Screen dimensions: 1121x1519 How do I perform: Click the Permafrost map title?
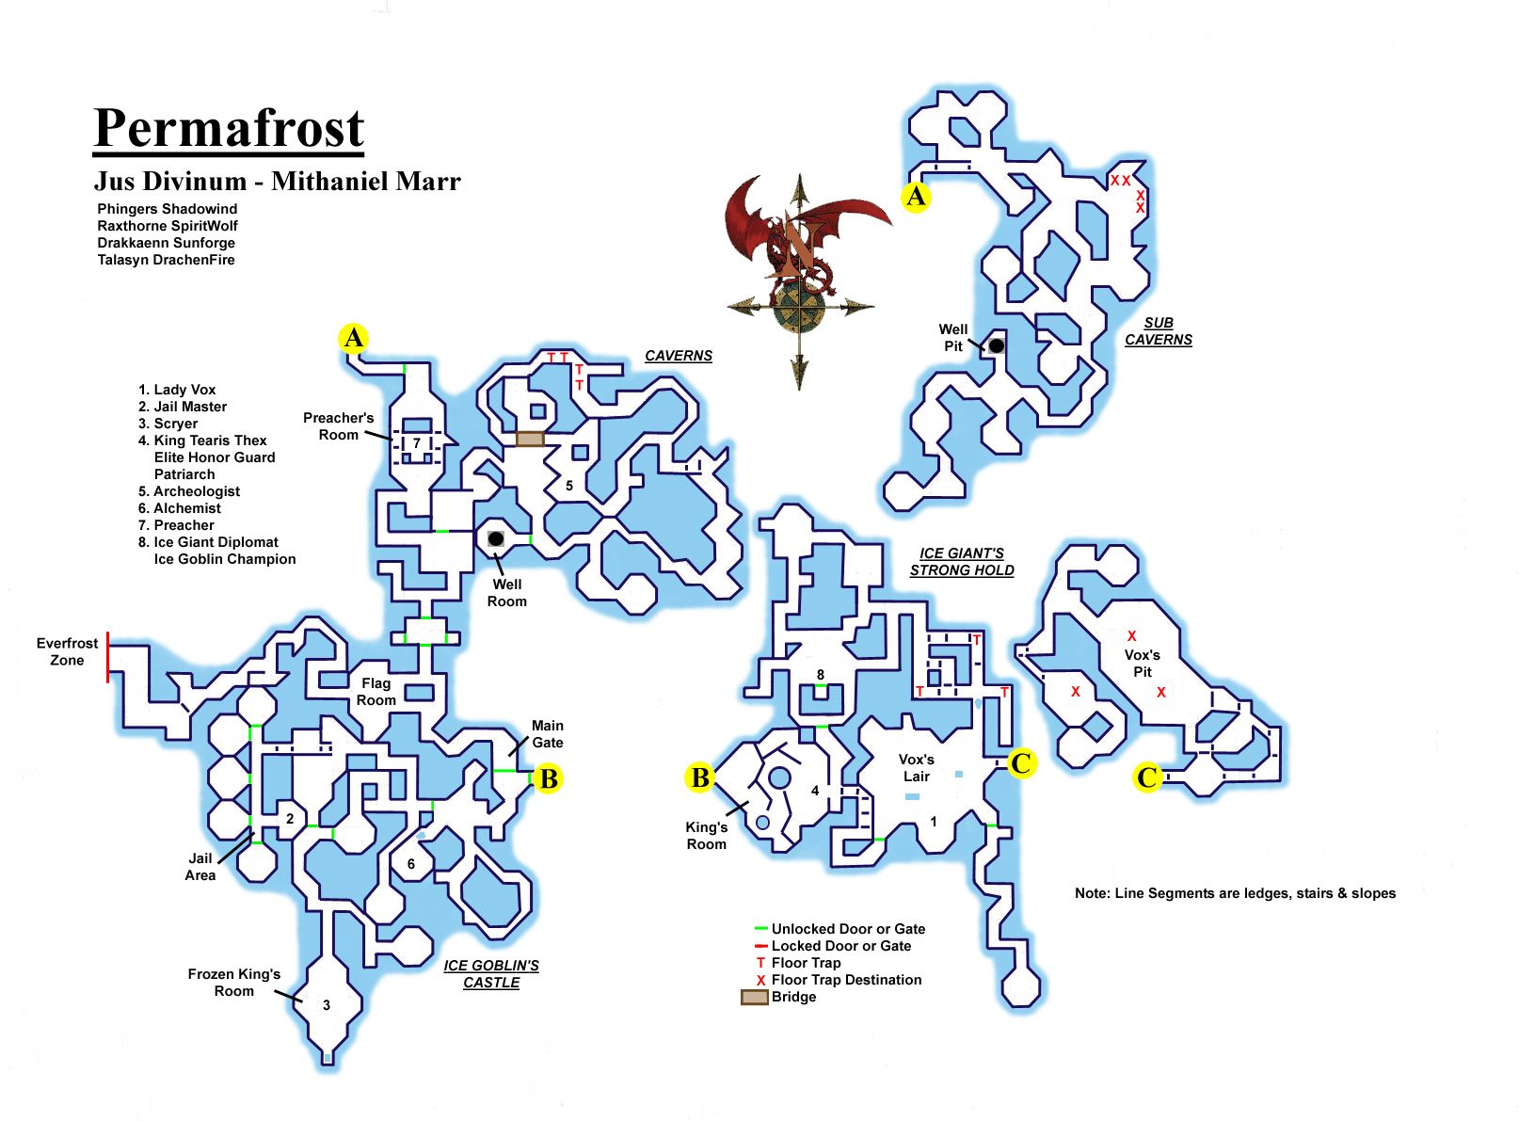click(x=229, y=129)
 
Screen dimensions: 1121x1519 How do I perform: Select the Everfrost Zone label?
click(x=67, y=651)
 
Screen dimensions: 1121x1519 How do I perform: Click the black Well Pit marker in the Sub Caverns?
click(x=996, y=345)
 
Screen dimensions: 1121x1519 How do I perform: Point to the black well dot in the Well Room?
click(x=495, y=538)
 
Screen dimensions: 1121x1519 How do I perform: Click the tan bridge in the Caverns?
click(x=530, y=439)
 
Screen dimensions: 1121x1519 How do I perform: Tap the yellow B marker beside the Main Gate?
click(x=548, y=778)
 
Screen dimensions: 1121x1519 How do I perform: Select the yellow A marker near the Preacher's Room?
click(x=353, y=338)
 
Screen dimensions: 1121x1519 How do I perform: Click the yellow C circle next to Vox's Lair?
click(x=1021, y=762)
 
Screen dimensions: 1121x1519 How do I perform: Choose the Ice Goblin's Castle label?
click(x=491, y=974)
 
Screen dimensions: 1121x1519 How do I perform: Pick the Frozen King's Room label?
click(x=233, y=983)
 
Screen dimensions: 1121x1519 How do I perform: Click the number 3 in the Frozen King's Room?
click(x=327, y=1005)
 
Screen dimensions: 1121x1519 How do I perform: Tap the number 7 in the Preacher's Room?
click(x=417, y=443)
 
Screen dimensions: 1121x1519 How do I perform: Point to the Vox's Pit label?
click(x=1142, y=664)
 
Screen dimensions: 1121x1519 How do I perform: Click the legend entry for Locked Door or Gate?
click(x=840, y=946)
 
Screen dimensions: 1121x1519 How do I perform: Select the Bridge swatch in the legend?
click(x=755, y=997)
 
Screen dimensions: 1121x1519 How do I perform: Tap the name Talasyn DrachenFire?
click(x=166, y=260)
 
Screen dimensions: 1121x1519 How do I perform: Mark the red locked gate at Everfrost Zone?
click(x=108, y=656)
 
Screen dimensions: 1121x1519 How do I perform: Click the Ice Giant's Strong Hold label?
click(x=962, y=562)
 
